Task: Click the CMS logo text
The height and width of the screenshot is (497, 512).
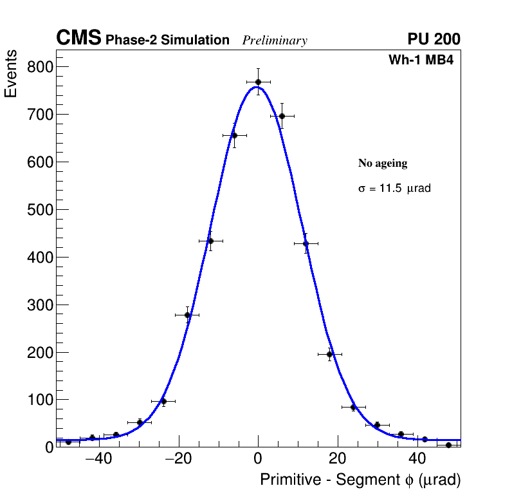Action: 78,39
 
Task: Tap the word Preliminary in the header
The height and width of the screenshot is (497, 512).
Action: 275,41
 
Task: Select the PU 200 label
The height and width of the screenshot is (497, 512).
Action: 434,39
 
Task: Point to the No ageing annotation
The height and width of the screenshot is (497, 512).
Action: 383,164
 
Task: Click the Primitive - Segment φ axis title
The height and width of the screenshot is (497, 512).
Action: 360,480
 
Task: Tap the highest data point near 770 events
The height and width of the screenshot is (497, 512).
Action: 258,82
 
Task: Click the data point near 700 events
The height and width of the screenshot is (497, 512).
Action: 282,116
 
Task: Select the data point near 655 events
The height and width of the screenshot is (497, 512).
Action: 234,135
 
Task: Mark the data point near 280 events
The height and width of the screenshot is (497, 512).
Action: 187,315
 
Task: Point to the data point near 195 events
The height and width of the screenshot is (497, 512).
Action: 329,354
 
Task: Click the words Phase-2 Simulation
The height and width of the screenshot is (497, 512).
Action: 167,41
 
